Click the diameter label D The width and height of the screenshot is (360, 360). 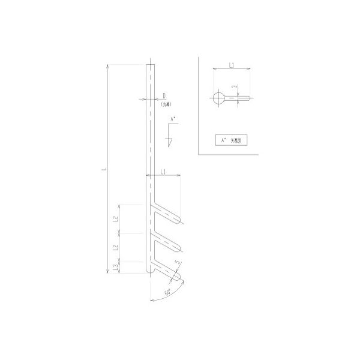pos(163,95)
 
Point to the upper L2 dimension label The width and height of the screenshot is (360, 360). pos(115,220)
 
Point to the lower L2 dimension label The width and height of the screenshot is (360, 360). pos(115,247)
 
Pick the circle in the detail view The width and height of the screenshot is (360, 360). pos(218,98)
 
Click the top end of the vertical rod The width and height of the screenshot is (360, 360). pos(150,65)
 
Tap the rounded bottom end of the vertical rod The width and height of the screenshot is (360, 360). pos(150,272)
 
